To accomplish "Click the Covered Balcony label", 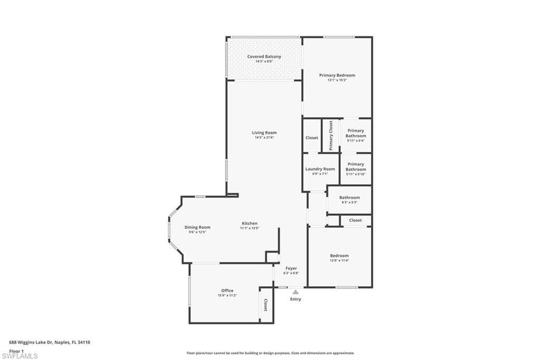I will [264, 56].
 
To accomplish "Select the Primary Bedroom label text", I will [337, 75].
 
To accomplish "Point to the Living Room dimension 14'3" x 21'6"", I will [264, 138].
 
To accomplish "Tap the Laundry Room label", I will [320, 169].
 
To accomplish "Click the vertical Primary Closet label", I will [331, 136].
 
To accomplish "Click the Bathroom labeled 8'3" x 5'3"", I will [349, 197].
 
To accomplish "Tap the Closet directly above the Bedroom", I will [356, 220].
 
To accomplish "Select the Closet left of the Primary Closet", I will [312, 138].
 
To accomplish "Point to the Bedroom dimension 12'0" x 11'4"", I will [339, 261].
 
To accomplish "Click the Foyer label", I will [291, 268].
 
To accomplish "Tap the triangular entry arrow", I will [295, 291].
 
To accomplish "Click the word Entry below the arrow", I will [295, 299].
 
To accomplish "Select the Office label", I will [227, 290].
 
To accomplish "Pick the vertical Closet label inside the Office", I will [265, 305].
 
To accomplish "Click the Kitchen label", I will [250, 223].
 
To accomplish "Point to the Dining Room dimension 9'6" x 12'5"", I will [198, 232].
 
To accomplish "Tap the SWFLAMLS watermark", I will [20, 356].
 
